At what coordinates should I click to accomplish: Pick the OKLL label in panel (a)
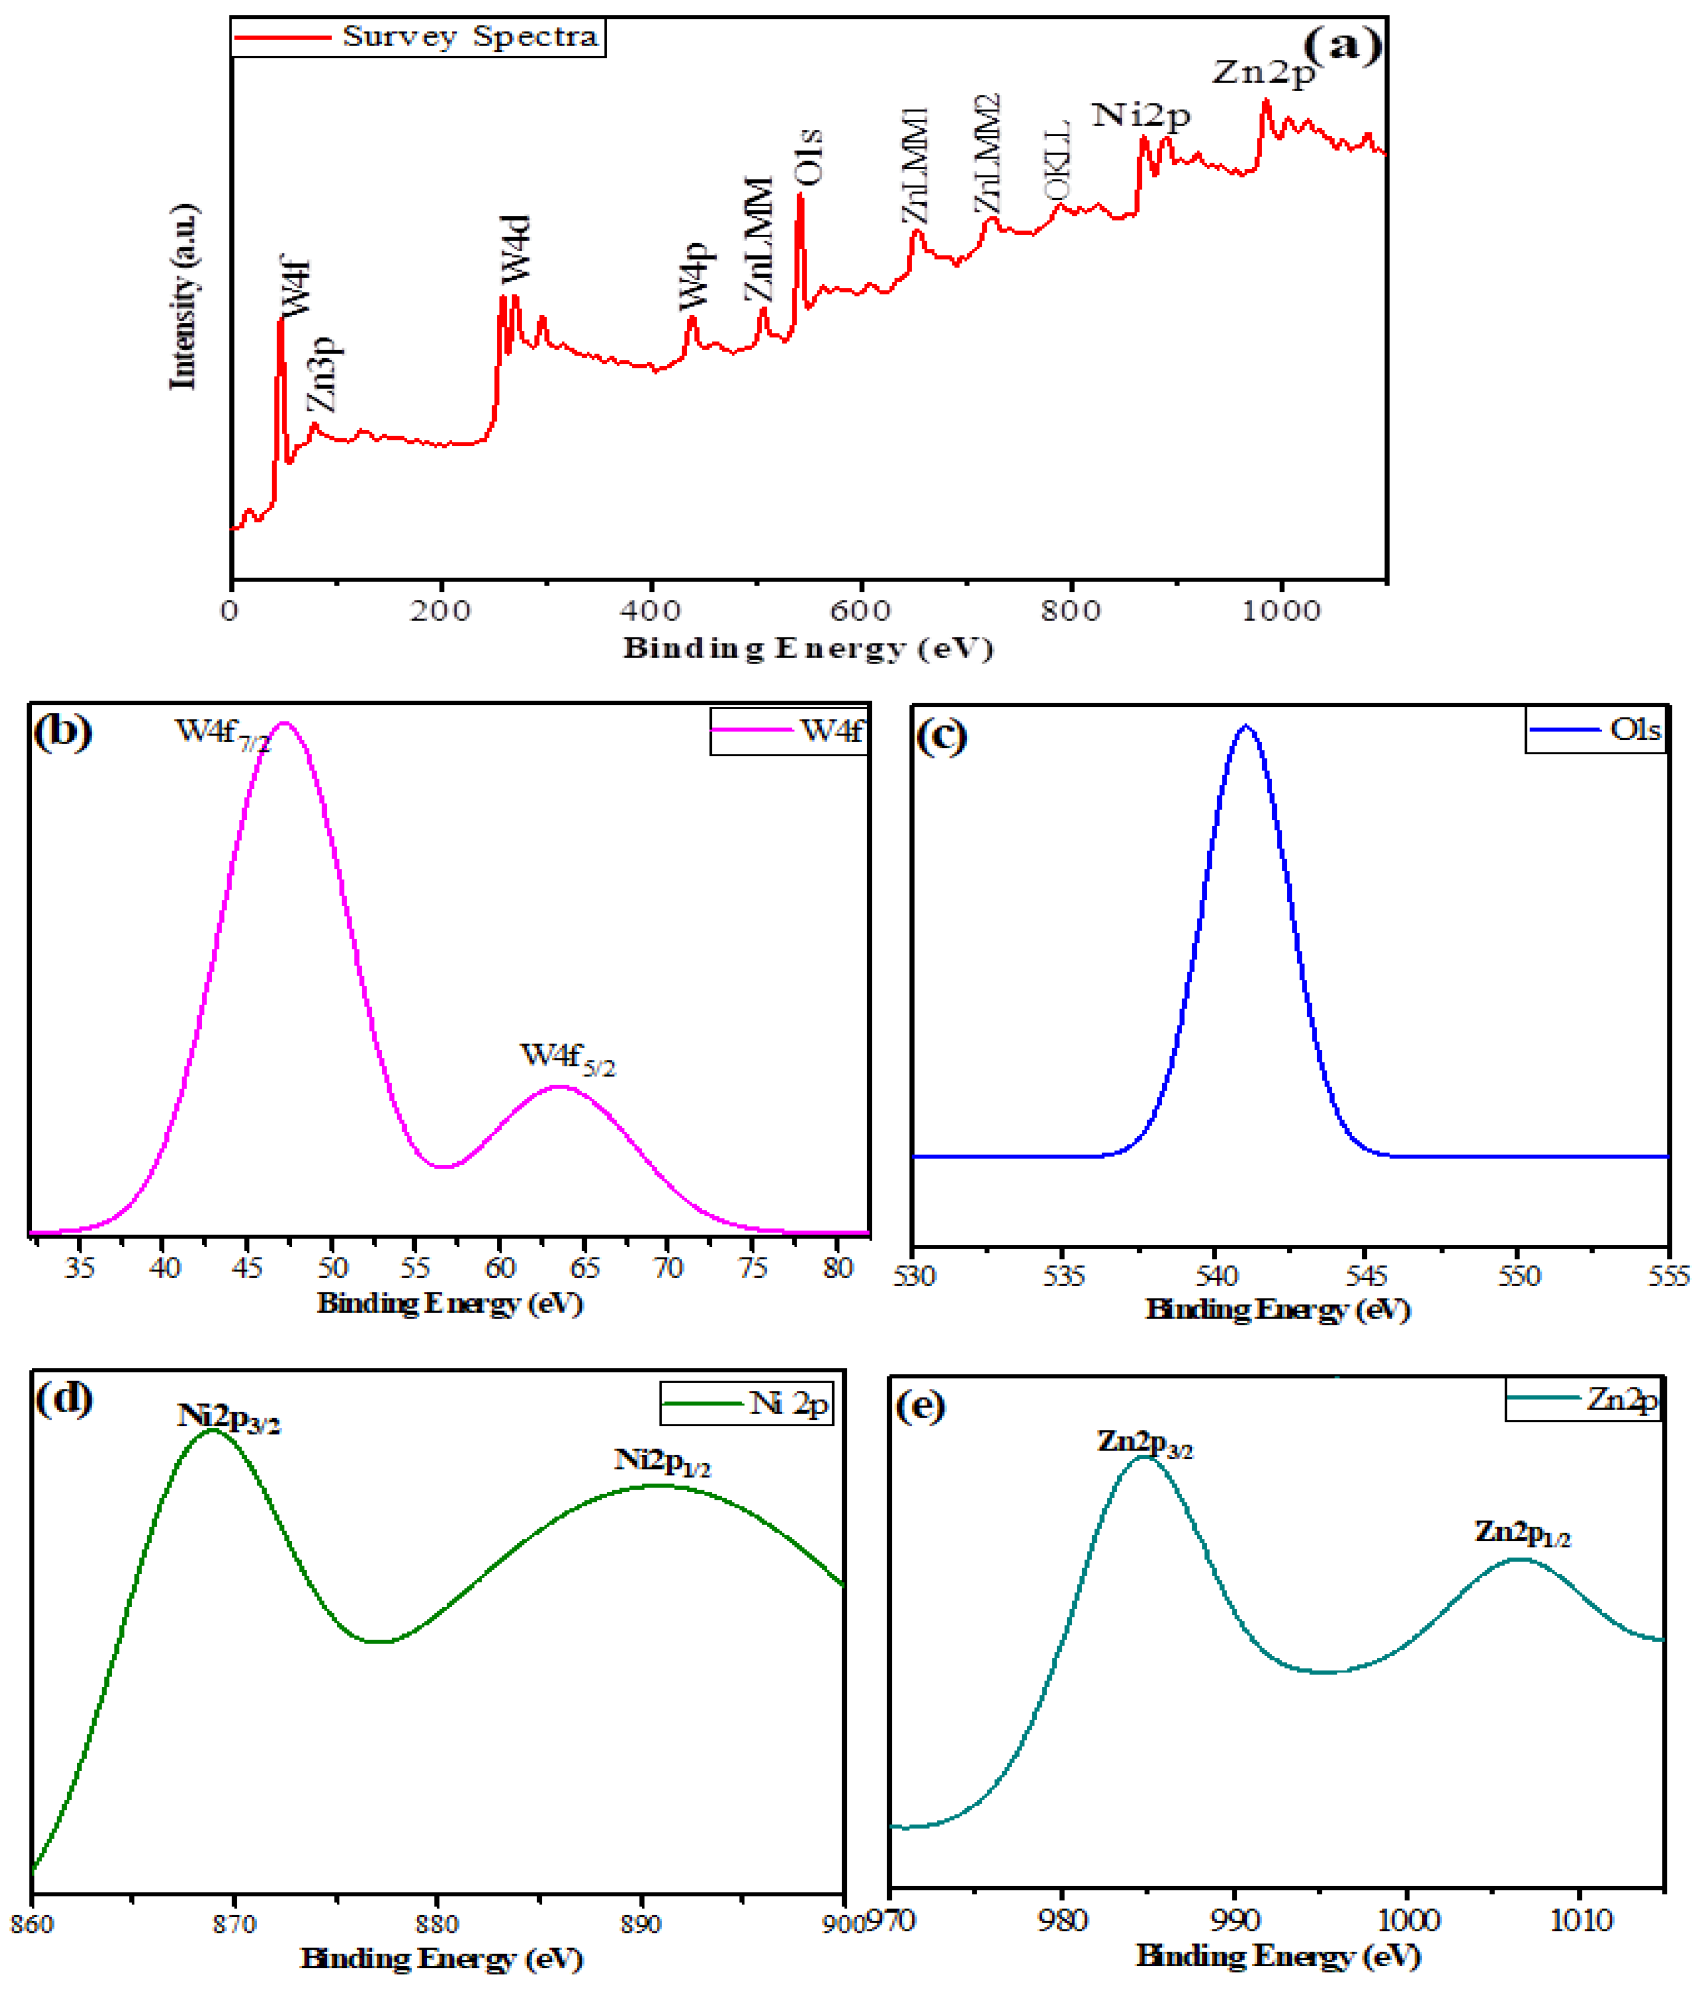coord(1057,161)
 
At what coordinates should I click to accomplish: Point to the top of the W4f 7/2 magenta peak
coord(284,723)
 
